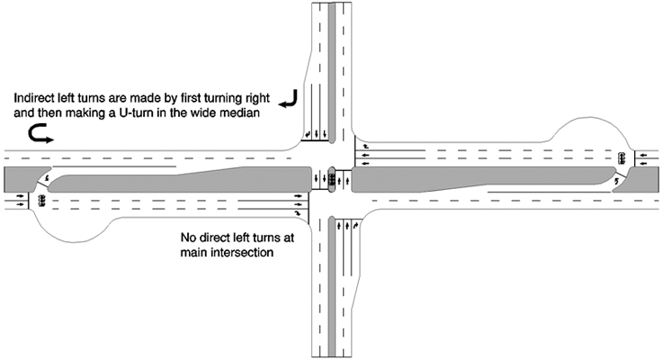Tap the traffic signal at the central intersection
pos(332,178)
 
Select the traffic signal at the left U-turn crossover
pos(41,200)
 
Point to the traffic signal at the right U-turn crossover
pos(622,158)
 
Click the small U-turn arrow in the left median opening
pos(47,178)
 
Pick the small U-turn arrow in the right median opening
pos(616,181)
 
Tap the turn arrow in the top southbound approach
pos(308,134)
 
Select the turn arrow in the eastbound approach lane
pos(299,212)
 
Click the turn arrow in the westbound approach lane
pos(366,147)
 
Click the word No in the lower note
pos(187,238)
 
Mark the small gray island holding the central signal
pos(332,179)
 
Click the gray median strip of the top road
pos(332,72)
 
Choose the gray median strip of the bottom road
pos(332,288)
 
